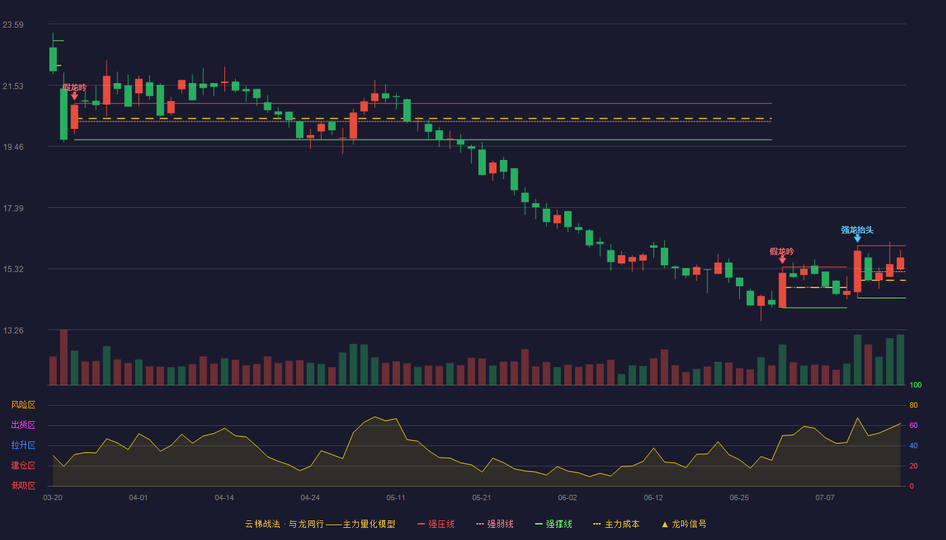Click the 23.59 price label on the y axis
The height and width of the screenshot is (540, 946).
tap(13, 25)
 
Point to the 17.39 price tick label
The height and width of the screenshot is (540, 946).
tap(13, 209)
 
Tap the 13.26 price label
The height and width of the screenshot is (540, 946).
tap(13, 330)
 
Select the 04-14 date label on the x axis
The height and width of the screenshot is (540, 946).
tap(224, 498)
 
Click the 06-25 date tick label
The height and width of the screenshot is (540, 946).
tap(739, 498)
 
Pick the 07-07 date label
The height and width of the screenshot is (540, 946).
tap(825, 498)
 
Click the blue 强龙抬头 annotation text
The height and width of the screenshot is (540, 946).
tap(857, 230)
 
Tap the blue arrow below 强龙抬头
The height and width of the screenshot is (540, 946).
tap(857, 239)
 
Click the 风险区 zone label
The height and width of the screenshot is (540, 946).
tap(23, 405)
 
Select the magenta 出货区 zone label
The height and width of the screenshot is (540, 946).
tap(23, 425)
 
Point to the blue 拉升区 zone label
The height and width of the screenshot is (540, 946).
tap(23, 445)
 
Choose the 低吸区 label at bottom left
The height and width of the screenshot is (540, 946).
tap(23, 485)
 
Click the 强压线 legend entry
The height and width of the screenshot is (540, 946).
tap(436, 524)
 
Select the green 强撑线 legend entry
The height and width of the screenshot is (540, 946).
tap(553, 524)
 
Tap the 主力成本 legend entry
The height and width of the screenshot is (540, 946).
tap(616, 524)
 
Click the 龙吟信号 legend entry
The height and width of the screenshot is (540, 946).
tap(684, 524)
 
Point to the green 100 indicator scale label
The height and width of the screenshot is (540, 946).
tap(916, 385)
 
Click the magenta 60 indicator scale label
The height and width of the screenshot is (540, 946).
tap(914, 425)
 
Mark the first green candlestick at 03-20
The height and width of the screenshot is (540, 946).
tap(53, 59)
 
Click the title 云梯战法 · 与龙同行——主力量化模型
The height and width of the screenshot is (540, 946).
tap(320, 524)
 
